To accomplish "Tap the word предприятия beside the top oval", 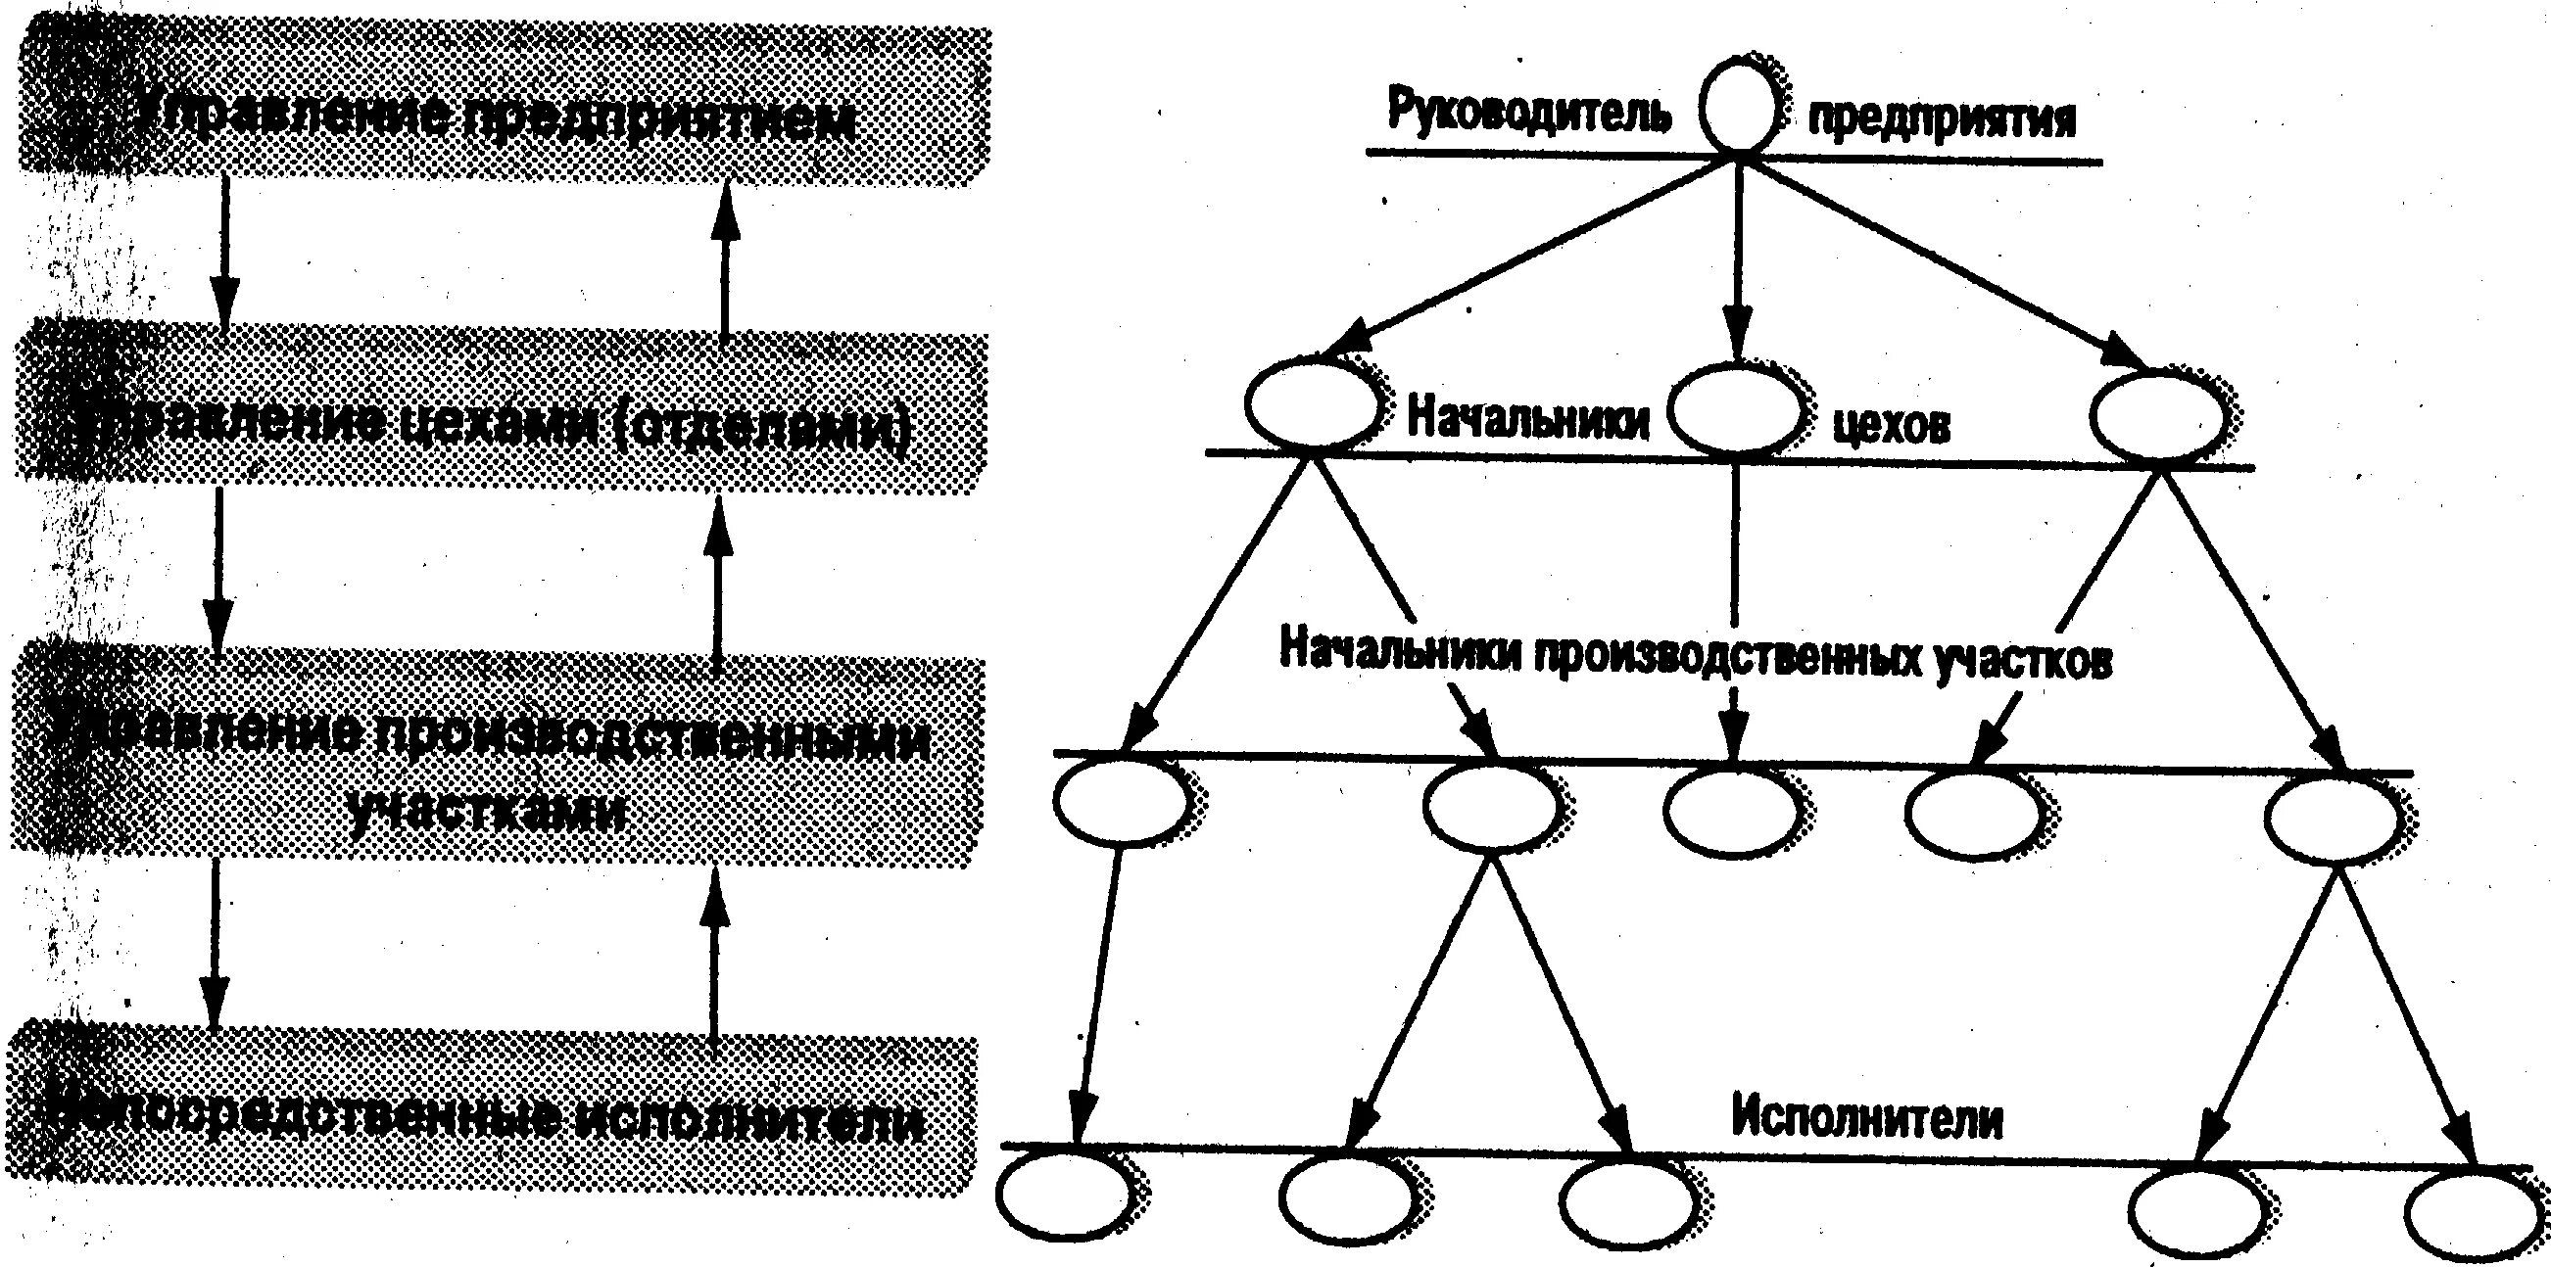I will tap(1941, 118).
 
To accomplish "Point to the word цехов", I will tap(1892, 426).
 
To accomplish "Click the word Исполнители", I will tap(1866, 1119).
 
